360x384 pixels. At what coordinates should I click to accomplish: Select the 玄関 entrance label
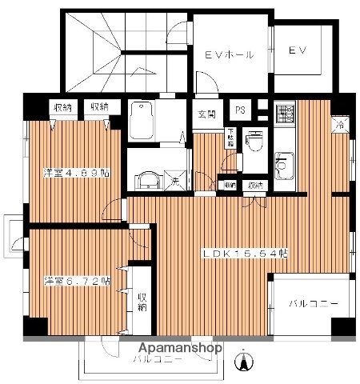206,114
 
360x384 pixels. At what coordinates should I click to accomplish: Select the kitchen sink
284,166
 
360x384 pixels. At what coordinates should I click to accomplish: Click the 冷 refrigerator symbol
339,125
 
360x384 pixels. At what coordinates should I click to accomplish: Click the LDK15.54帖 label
245,254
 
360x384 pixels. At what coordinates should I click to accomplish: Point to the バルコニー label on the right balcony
309,304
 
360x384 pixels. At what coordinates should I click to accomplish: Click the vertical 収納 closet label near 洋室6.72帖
142,301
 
